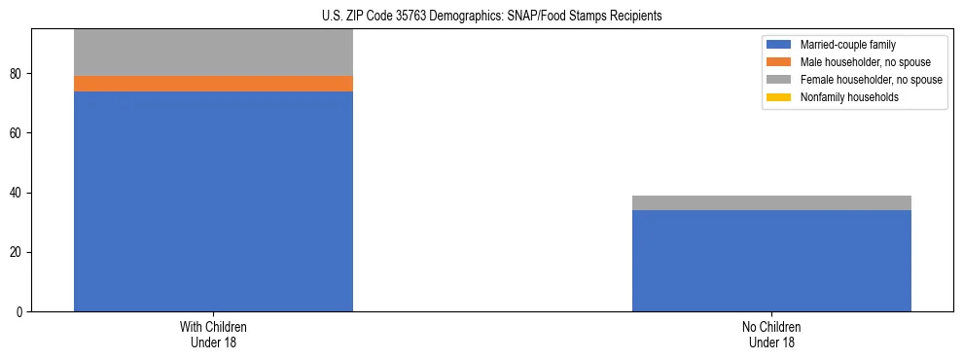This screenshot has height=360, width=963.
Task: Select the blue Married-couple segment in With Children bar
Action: click(x=213, y=201)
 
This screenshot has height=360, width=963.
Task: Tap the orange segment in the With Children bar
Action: click(x=213, y=84)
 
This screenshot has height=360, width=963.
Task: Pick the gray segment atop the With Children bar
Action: click(x=213, y=53)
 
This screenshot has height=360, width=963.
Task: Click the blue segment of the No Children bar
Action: click(x=771, y=261)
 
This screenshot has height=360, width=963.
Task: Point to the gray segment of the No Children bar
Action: click(x=771, y=202)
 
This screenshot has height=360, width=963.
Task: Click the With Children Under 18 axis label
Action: click(x=213, y=335)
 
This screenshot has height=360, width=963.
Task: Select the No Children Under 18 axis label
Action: click(x=771, y=335)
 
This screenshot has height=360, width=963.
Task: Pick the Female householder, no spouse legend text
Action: click(x=871, y=80)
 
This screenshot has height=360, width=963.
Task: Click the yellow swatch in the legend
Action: click(x=779, y=97)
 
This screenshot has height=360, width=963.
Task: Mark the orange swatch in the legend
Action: click(x=779, y=62)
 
